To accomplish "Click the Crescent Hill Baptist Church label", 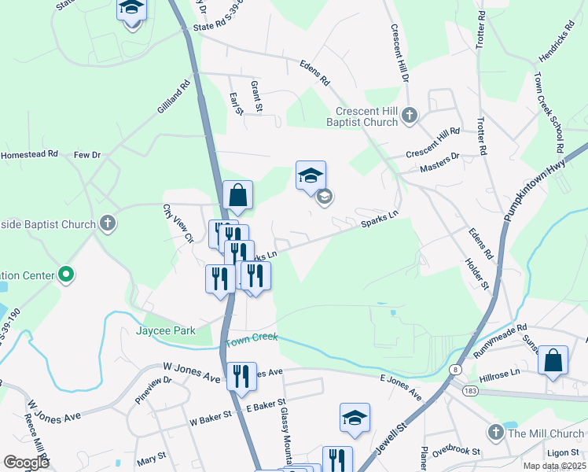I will [x=366, y=116].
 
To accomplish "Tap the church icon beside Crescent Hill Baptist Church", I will [x=409, y=116].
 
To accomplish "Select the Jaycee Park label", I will [x=166, y=331].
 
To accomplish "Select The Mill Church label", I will [x=546, y=433].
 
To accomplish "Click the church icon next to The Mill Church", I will [x=495, y=433].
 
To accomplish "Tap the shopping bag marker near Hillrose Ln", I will [x=553, y=360].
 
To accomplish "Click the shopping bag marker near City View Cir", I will [x=237, y=196].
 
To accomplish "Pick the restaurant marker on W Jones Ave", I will [x=241, y=376].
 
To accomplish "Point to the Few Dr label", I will [x=87, y=156].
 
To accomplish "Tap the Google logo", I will [x=26, y=463].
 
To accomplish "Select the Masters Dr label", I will [x=439, y=158].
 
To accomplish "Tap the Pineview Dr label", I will [x=153, y=390].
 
